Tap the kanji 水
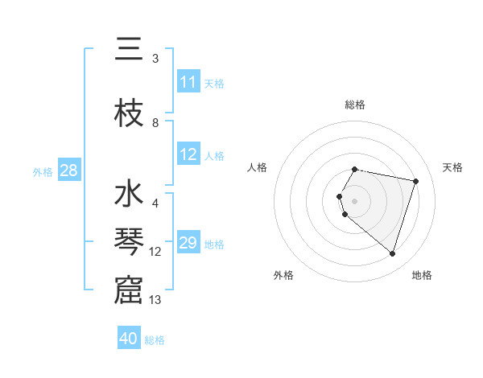pos(129,195)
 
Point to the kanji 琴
pos(129,243)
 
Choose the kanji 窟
pos(129,290)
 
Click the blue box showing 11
pos(188,82)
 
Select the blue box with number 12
pos(188,154)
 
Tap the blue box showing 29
pos(188,243)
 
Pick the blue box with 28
pos(68,171)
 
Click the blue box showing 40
pos(129,339)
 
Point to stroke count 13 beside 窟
pos(155,300)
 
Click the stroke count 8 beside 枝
pos(155,123)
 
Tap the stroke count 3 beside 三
pos(155,59)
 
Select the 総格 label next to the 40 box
pos(155,340)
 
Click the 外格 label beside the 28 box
pos(43,172)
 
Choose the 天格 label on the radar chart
pos(452,167)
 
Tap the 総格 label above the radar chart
pos(354,105)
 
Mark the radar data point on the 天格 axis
pos(415,181)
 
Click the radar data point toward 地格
pos(392,254)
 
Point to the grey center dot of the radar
pos(354,201)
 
